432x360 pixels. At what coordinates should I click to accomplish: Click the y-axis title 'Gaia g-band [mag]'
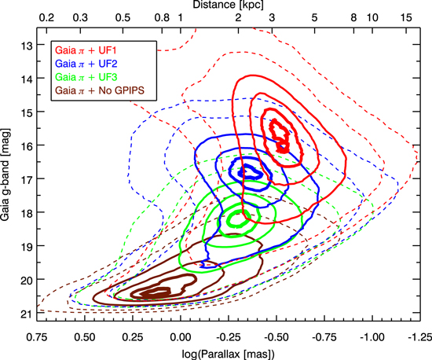[x=9, y=174]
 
